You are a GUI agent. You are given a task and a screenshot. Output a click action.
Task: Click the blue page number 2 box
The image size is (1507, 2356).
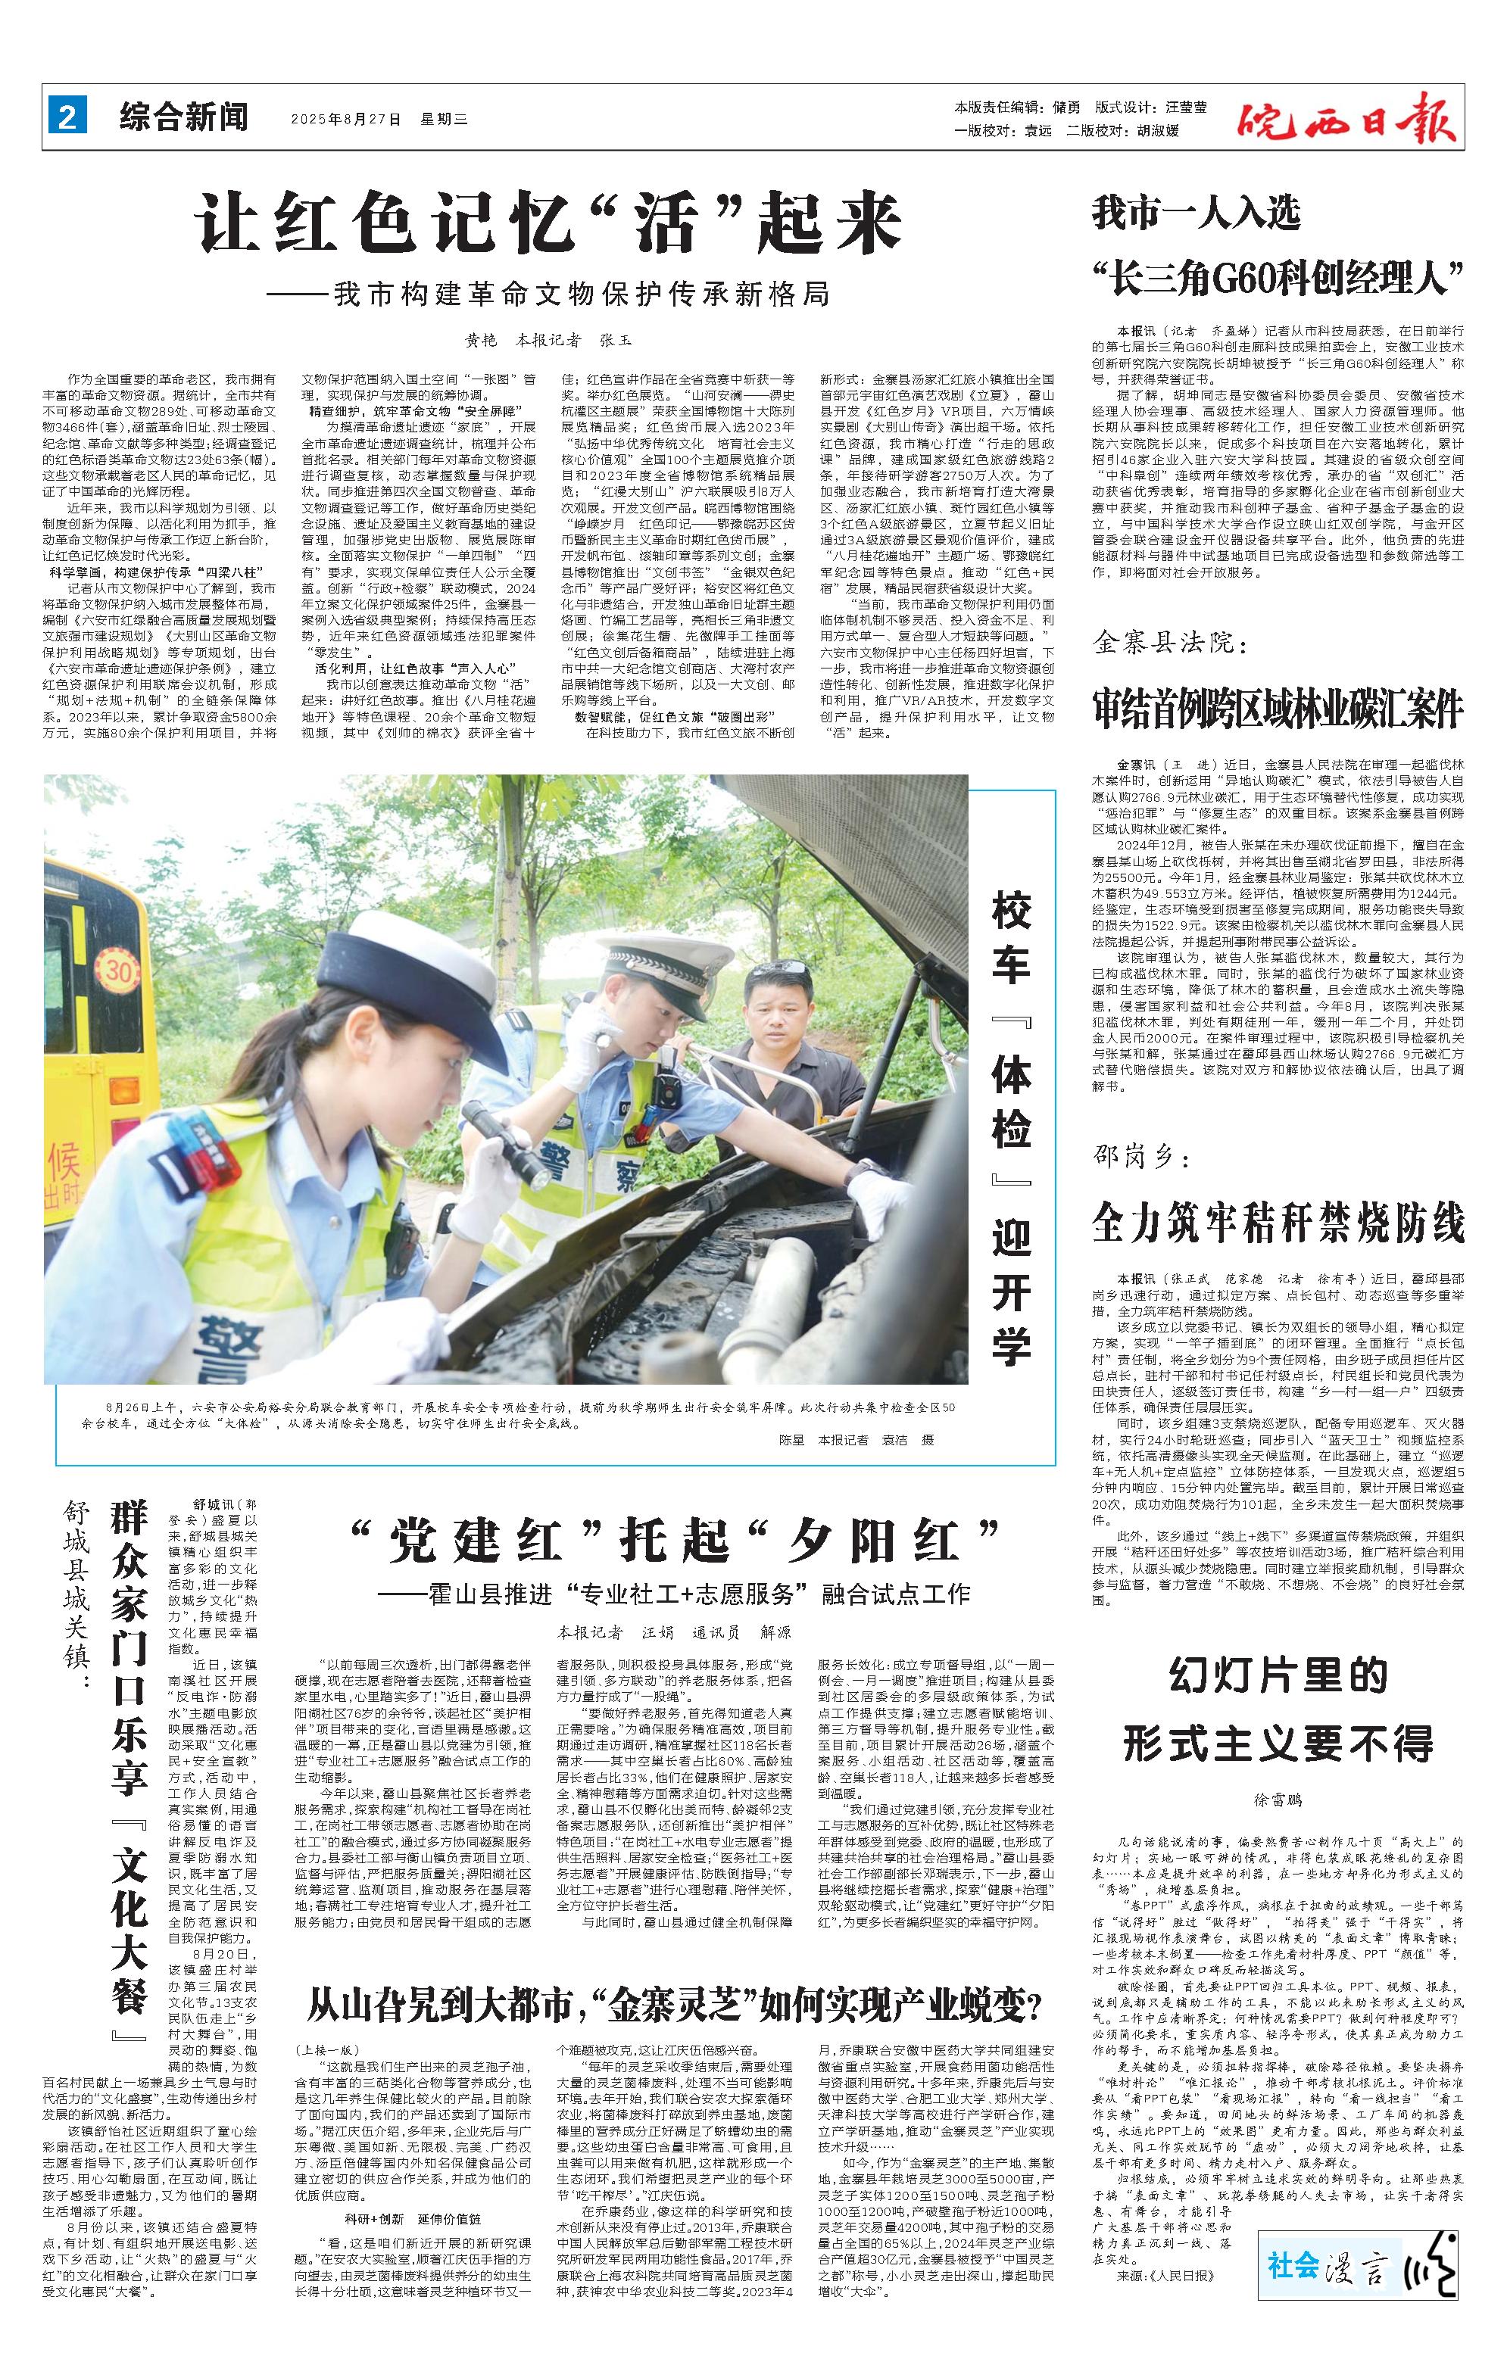67,118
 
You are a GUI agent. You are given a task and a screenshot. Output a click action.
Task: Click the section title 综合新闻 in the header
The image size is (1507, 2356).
184,118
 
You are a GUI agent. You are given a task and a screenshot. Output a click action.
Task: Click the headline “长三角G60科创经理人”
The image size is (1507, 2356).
1277,279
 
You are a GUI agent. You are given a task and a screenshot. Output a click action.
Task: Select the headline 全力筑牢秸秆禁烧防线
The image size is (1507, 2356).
1277,1223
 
